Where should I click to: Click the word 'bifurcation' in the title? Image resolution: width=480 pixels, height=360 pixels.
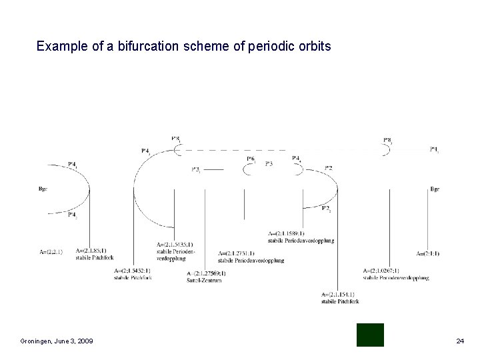(141, 47)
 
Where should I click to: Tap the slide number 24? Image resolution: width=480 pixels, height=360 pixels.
(459, 341)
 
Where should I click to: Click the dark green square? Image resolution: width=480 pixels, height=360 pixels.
(370, 335)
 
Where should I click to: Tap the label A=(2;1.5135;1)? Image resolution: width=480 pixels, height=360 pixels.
(175, 245)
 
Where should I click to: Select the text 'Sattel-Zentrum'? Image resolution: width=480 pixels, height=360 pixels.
(202, 279)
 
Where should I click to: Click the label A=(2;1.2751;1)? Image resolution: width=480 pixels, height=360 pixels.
(239, 253)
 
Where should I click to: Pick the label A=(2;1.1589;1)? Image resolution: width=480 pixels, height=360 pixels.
(286, 233)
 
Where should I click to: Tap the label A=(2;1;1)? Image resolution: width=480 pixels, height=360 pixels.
(427, 253)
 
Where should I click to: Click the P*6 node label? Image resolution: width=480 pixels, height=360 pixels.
(251, 159)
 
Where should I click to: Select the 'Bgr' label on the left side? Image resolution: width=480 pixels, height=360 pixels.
(43, 189)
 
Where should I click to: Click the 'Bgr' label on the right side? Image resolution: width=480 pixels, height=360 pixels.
(435, 189)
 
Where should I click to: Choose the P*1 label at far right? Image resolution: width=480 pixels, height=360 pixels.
(434, 149)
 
